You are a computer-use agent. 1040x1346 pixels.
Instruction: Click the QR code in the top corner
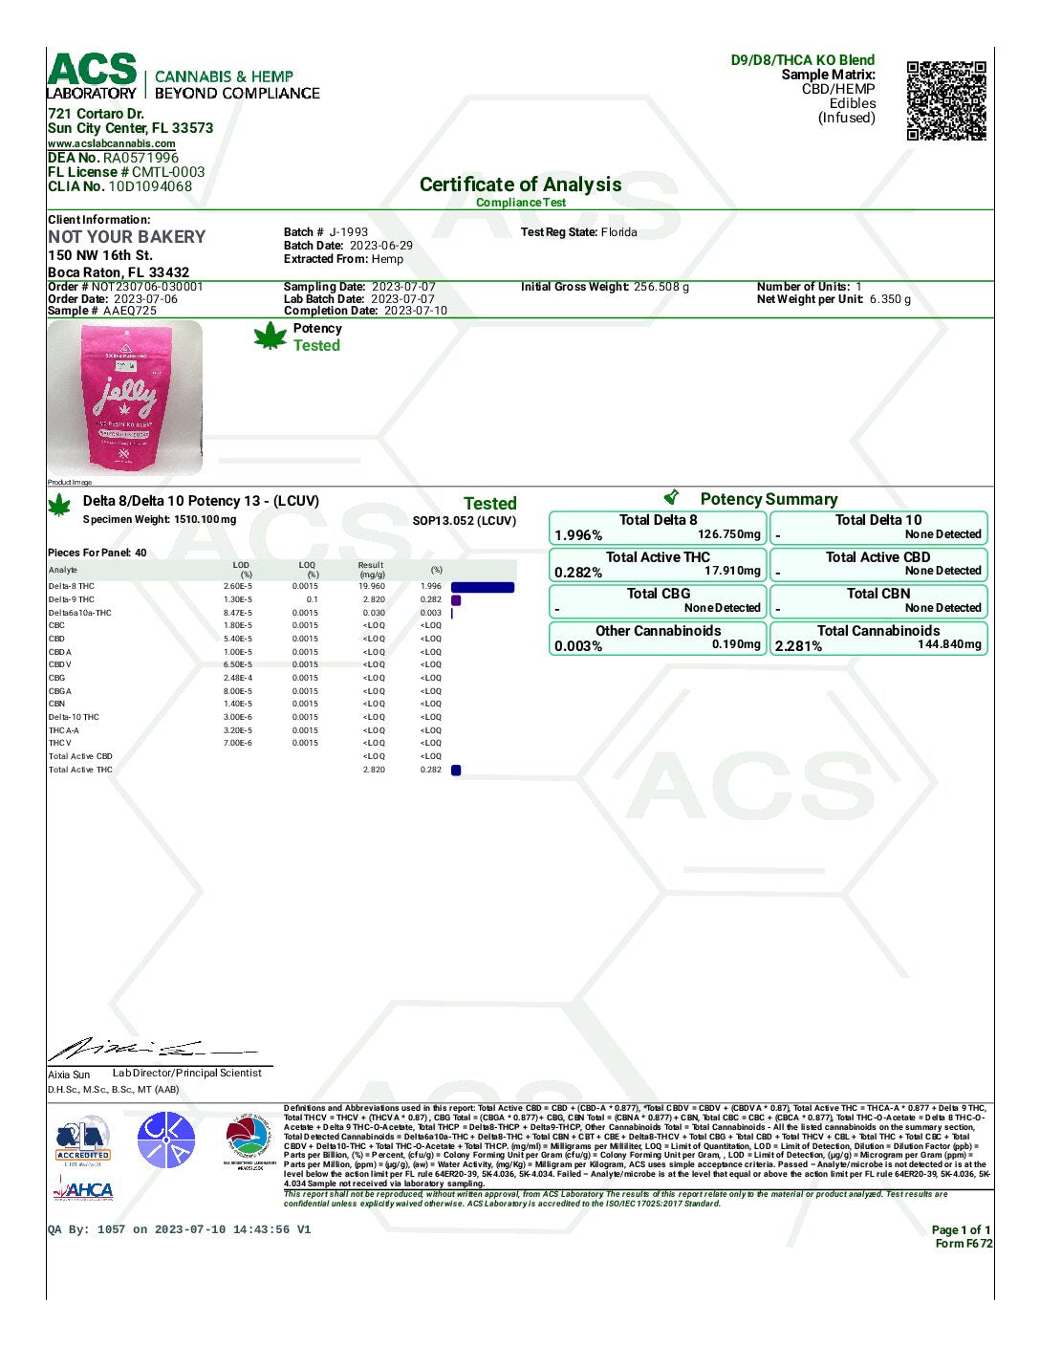945,100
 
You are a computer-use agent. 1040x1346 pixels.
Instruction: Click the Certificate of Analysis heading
520,185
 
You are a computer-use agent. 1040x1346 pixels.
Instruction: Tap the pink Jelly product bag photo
125,397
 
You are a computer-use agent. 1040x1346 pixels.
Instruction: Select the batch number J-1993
349,232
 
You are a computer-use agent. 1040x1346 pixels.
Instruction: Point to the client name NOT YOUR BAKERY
127,237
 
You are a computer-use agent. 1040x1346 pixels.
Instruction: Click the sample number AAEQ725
129,311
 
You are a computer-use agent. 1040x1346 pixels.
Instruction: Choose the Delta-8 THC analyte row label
72,586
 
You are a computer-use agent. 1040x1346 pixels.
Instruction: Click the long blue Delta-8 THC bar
483,587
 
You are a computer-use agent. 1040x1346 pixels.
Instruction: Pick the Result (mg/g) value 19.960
372,586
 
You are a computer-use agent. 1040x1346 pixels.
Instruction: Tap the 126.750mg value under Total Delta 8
729,534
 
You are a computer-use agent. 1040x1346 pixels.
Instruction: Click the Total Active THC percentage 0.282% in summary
578,573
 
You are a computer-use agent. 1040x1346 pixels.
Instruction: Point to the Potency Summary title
768,499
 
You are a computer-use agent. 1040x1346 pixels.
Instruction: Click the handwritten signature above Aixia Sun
143,1050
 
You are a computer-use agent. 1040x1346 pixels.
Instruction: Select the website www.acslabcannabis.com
112,143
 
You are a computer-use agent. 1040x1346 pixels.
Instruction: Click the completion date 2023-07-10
416,311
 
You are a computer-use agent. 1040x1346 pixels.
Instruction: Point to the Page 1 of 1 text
961,1230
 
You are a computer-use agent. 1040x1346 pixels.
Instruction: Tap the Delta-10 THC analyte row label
74,717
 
